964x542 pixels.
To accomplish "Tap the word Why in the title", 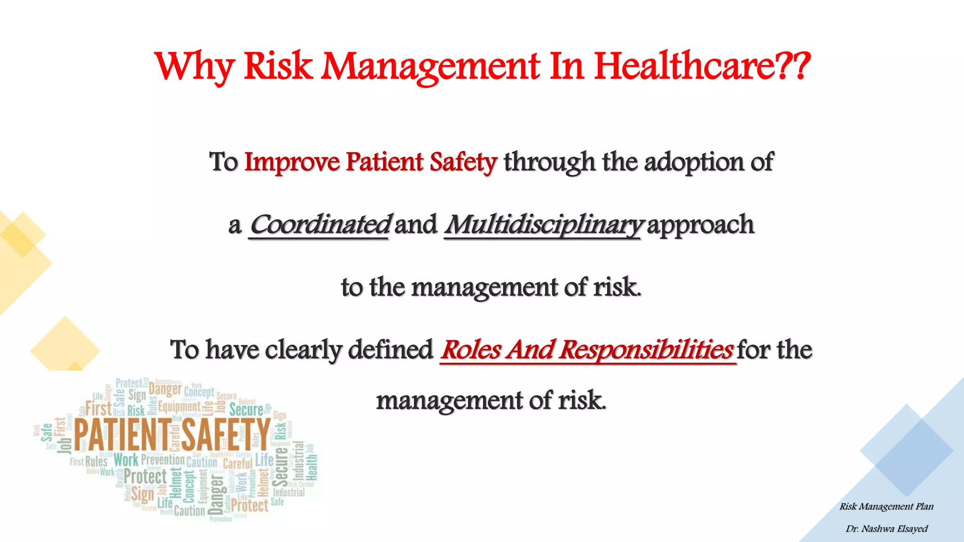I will pos(194,67).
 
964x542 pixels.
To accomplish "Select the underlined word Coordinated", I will pos(319,225).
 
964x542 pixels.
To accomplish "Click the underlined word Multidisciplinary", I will pos(543,225).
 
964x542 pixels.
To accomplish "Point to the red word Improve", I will pos(292,162).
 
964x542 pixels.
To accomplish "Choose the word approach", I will pos(701,225).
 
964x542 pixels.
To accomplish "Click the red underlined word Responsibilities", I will pos(646,350).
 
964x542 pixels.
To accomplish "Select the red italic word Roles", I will pos(471,350).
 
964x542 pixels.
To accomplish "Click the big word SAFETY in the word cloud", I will pos(226,434).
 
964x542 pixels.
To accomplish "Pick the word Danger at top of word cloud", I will pos(165,389).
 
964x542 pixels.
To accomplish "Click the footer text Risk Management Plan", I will pos(886,507).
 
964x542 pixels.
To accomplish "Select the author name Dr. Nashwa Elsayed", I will pos(886,529).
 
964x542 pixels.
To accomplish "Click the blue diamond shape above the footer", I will pos(907,451).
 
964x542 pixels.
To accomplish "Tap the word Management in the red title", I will pos(430,66).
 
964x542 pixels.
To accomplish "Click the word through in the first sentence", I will pos(549,162).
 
